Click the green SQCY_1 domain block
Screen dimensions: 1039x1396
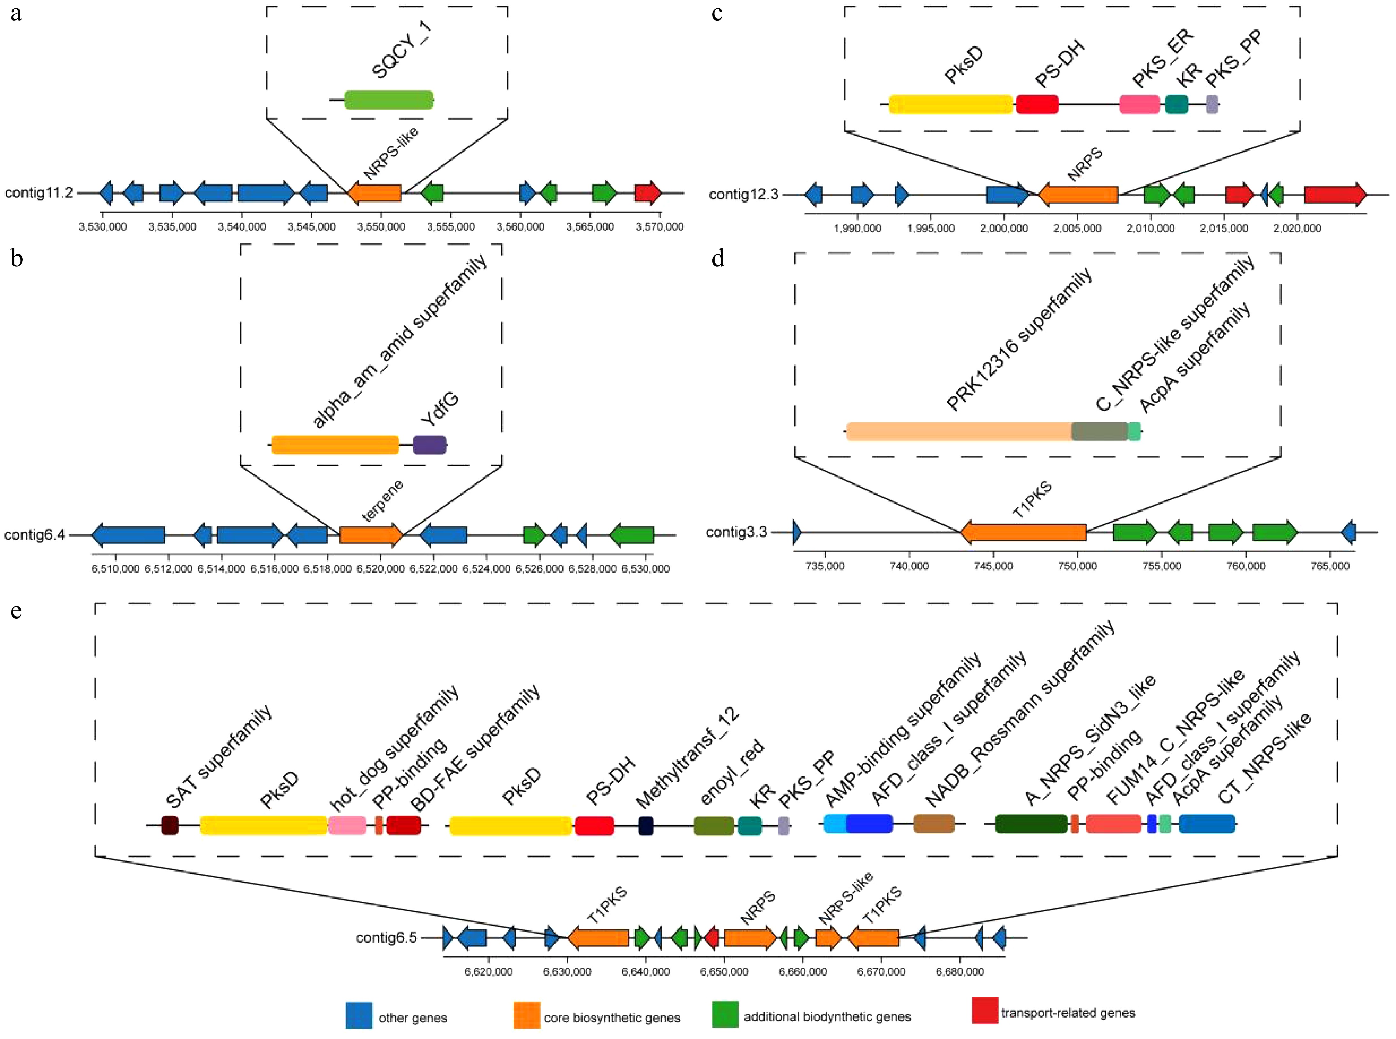tap(388, 99)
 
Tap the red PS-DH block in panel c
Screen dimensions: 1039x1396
tap(1037, 105)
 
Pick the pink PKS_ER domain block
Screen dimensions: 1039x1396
tap(1139, 105)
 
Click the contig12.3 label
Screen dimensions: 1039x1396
tap(743, 195)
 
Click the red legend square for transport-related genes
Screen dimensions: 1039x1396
tap(984, 1010)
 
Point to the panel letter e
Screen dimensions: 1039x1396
tap(16, 610)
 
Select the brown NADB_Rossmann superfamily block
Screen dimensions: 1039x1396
tap(933, 823)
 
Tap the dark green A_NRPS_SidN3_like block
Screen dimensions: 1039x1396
tap(1031, 823)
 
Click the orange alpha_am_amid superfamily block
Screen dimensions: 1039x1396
tap(335, 445)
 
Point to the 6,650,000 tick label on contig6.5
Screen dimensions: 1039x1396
tap(724, 972)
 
